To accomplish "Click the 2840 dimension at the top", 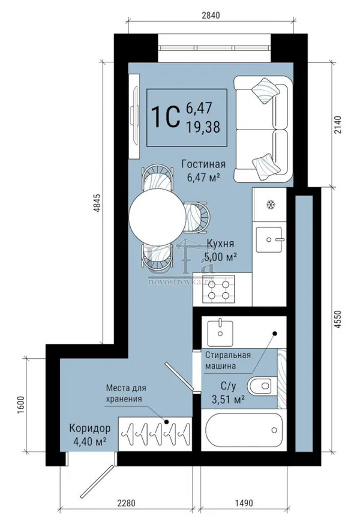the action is point(211,15).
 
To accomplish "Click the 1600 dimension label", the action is point(21,405).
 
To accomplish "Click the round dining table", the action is point(157,217).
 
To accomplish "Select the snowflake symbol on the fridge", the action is point(270,204).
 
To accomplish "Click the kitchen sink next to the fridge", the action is point(269,239).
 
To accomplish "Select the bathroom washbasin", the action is point(220,333).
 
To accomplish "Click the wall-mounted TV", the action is point(135,116).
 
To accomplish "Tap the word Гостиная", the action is point(203,164).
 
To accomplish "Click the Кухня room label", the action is point(220,244).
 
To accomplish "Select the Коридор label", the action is point(90,428).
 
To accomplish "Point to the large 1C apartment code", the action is point(166,117).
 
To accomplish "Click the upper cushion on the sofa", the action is point(265,91).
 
